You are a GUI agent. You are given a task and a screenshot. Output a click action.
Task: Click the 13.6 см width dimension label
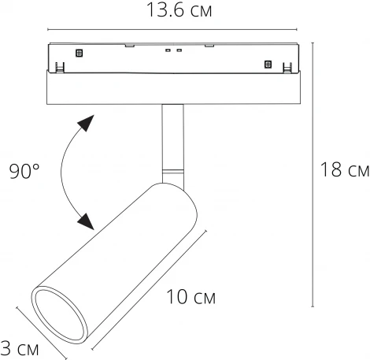[x=174, y=11]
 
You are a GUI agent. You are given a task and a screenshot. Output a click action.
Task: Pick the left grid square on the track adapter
[x=78, y=53]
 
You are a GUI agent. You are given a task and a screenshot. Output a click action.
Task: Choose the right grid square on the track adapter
[x=268, y=65]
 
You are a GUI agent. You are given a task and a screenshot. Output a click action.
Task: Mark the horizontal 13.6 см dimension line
[x=173, y=31]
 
